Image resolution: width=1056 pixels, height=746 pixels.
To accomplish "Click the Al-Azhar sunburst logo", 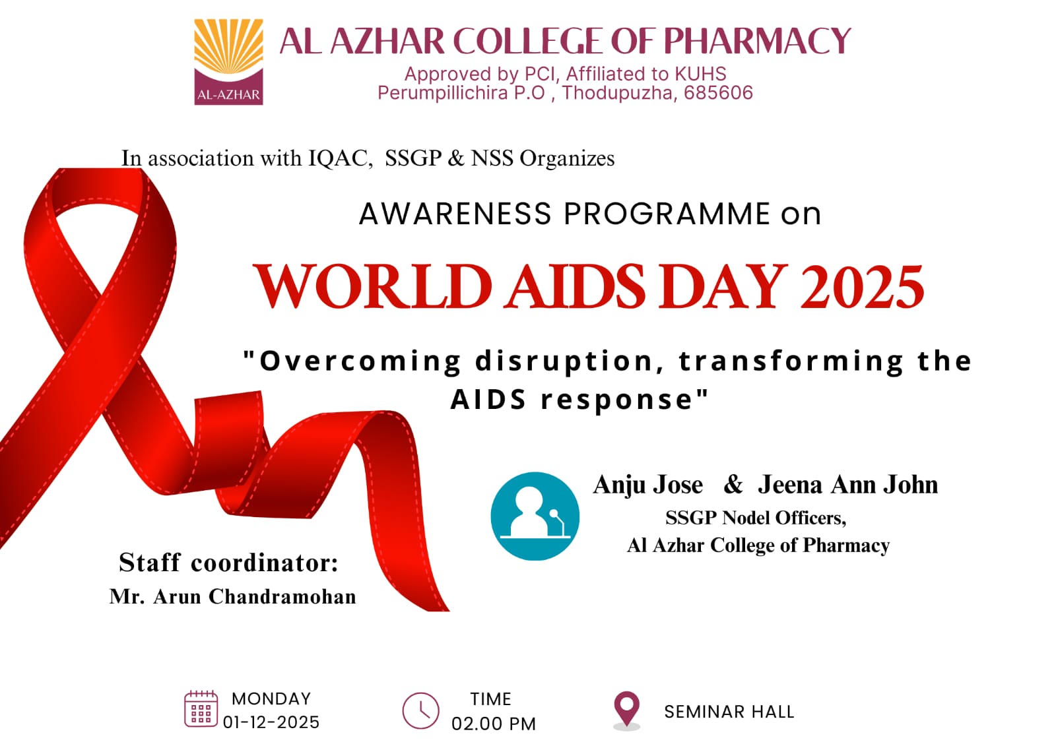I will [x=228, y=61].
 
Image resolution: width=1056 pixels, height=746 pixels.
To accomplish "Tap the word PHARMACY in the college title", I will [x=757, y=42].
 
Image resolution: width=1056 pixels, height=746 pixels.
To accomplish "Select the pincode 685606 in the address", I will [x=718, y=93].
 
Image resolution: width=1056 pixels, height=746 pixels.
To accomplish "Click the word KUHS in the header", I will [x=700, y=74].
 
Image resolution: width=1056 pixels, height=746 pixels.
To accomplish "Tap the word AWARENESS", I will [x=455, y=214].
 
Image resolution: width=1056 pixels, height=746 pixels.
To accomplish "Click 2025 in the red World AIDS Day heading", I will [x=862, y=288].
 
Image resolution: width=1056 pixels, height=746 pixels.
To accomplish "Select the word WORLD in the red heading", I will [x=373, y=288].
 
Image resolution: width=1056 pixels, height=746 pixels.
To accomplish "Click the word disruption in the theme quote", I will [x=564, y=361].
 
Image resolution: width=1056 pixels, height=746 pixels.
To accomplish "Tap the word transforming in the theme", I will [x=791, y=361].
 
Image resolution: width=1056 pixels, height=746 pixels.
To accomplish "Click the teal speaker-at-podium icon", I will [x=535, y=516].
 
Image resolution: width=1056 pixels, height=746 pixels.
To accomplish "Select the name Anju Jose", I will [x=648, y=485].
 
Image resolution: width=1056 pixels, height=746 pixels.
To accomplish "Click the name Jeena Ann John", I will [x=847, y=485].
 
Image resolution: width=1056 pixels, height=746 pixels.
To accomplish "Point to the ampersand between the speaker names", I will [x=733, y=485].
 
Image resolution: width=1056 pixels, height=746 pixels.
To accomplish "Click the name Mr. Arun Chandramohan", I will [x=233, y=597].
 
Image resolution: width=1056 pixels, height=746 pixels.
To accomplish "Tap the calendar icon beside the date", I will [x=201, y=709].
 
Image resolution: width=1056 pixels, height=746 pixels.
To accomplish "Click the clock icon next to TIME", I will [x=420, y=711].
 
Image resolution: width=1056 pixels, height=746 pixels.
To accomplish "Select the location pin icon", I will [x=626, y=709].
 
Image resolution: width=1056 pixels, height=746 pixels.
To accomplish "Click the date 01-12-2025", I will [x=271, y=723].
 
